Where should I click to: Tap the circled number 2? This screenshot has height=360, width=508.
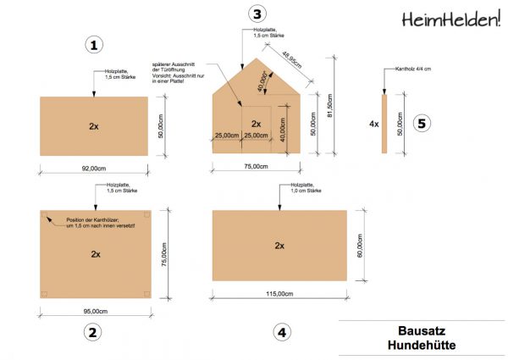point(94,332)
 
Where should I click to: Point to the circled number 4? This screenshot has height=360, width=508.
point(281,332)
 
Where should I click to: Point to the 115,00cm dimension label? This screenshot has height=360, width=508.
point(279,294)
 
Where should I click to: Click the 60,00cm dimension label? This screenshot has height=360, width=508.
point(359,245)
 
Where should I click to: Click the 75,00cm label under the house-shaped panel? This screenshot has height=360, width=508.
point(256,167)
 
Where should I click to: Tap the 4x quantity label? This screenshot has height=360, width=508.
point(373,124)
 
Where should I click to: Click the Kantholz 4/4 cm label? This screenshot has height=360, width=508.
point(413,70)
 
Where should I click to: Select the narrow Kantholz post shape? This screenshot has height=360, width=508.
point(384,124)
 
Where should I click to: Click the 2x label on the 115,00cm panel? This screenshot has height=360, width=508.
point(279,245)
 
